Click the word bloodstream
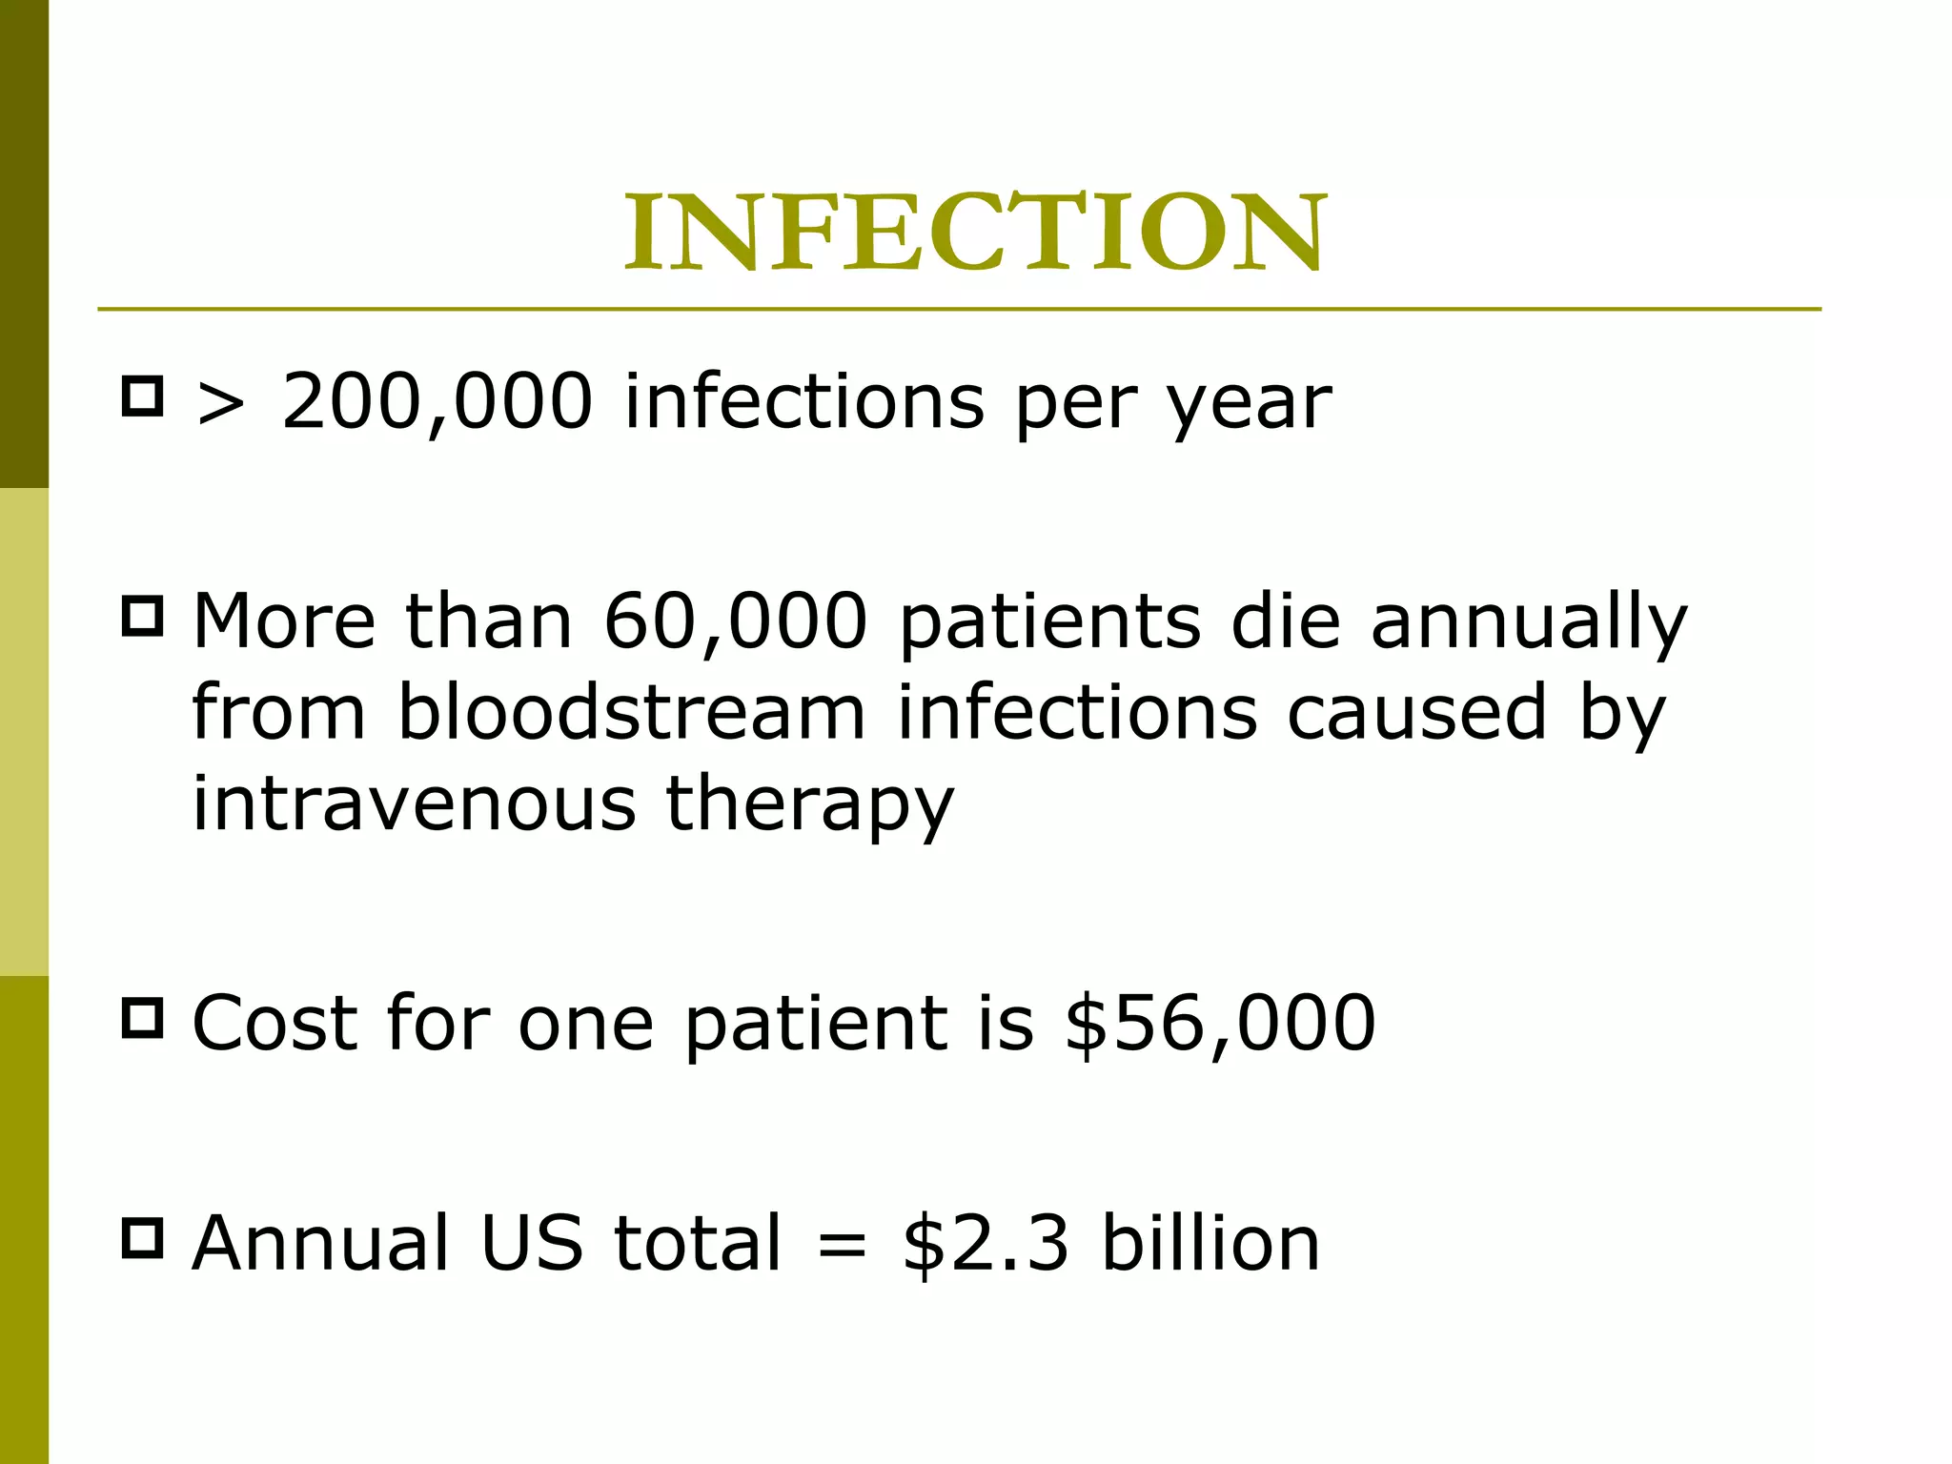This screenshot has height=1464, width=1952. tap(631, 713)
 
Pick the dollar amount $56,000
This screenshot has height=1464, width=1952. tap(1221, 1025)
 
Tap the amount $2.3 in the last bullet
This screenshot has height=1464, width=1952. tap(986, 1244)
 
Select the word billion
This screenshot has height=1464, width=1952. tap(1210, 1244)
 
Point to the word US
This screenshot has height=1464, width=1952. tap(532, 1244)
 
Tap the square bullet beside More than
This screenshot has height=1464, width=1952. tap(143, 616)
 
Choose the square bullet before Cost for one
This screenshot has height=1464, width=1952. tap(143, 1018)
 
